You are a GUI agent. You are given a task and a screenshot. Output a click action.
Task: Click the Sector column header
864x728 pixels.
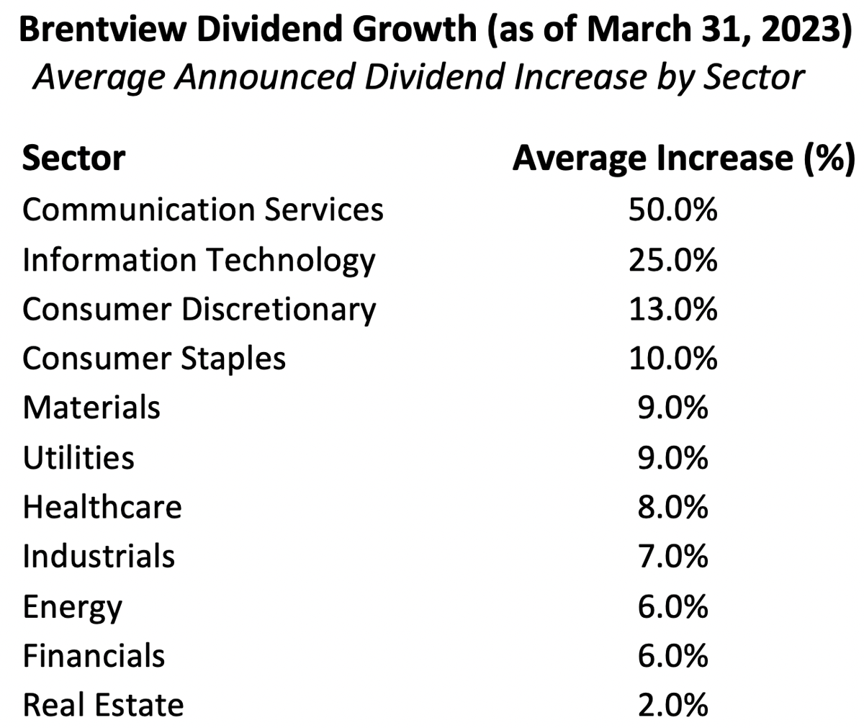pos(73,158)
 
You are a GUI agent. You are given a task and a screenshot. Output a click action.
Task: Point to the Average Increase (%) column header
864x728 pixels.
pos(683,158)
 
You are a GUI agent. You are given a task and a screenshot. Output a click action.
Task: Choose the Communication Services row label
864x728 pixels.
pos(202,210)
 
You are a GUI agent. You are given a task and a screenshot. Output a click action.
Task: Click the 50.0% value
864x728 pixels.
pos(672,210)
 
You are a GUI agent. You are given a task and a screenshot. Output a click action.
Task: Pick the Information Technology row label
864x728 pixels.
pos(199,260)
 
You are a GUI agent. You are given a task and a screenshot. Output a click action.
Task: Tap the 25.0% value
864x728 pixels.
pos(672,260)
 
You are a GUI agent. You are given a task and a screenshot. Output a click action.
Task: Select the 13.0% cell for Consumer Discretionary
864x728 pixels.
pos(672,309)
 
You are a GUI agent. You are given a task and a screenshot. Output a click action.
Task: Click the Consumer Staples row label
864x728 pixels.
pos(154,359)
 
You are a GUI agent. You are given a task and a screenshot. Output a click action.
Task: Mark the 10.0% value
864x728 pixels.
pos(672,359)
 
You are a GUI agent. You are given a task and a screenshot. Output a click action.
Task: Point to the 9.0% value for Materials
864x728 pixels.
pos(672,408)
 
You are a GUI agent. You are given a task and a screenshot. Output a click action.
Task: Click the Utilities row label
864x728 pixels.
pos(78,458)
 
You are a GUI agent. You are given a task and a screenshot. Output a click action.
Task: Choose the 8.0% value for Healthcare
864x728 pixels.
pos(672,508)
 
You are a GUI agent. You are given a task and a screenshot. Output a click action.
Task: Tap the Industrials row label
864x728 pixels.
pos(99,557)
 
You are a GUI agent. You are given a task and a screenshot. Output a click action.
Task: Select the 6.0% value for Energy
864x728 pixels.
pos(672,607)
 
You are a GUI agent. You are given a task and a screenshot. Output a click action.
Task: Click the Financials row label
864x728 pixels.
pos(94,656)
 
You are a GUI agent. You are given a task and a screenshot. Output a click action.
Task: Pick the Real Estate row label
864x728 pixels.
pos(103,705)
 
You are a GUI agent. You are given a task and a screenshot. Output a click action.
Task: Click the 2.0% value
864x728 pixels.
pos(672,705)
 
